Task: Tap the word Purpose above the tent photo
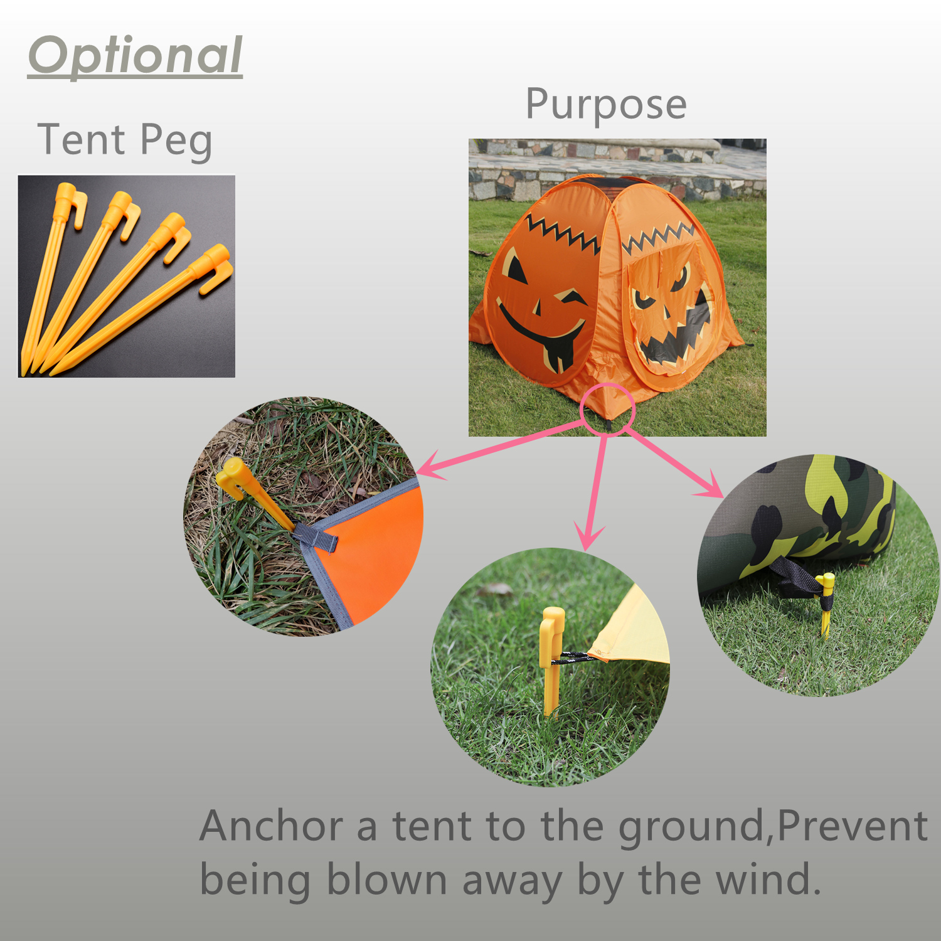(605, 104)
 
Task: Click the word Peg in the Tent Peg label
(176, 140)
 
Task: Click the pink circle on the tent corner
(608, 408)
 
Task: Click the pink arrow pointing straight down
(595, 489)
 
